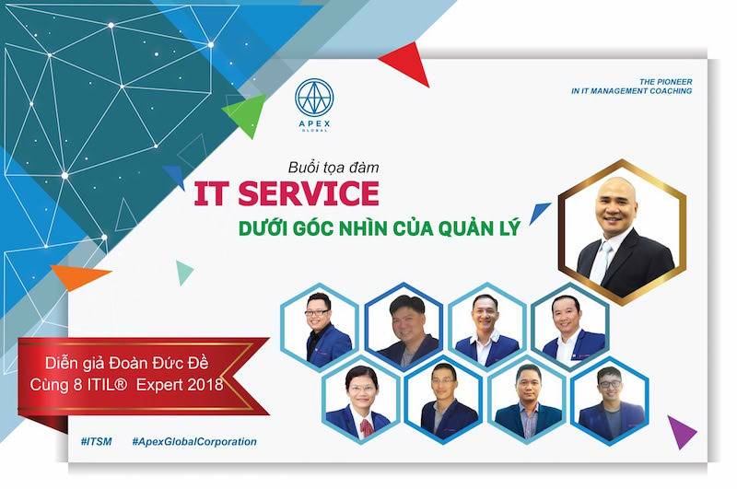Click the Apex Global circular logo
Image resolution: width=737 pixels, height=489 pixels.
314,98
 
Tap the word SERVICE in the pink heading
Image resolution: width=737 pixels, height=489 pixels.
309,193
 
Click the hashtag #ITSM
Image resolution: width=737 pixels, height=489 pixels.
97,441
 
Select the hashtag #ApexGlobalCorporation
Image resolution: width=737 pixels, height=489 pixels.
194,441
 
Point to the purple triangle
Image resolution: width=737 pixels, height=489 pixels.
680,431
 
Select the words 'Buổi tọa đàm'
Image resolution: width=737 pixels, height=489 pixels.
333,168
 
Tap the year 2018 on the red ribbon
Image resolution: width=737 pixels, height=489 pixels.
205,385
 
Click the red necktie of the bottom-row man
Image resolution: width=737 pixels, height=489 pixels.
366,428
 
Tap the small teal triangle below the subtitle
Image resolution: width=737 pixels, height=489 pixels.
183,273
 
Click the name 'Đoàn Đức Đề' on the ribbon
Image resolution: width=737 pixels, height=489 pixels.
158,363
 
